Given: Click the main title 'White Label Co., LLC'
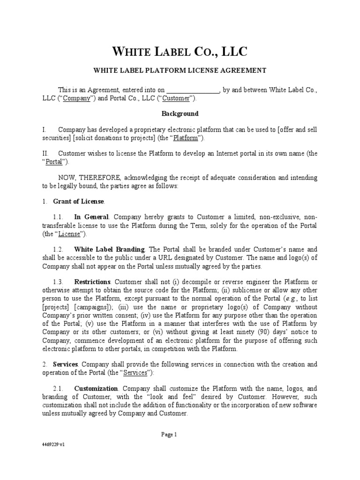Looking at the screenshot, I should [x=180, y=51].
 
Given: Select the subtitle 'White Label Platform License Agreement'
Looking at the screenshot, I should [x=180, y=70].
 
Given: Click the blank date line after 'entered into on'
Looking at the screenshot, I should [x=193, y=90].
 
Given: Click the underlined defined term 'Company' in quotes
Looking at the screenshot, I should [x=76, y=98].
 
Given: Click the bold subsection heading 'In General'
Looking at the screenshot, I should [x=91, y=217].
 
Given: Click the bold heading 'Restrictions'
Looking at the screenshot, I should [x=92, y=281].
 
